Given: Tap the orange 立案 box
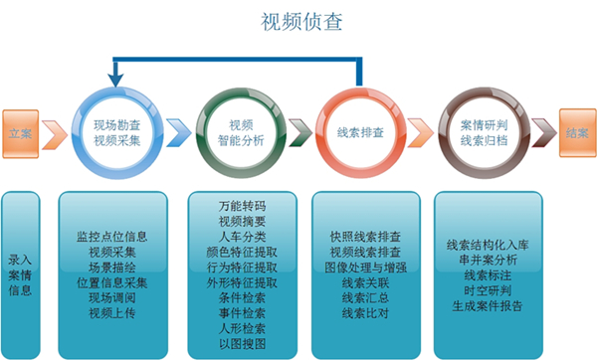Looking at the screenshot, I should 20,132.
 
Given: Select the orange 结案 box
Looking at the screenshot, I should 575,132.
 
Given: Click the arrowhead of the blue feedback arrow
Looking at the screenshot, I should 117,75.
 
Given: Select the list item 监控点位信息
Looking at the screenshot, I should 111,237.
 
